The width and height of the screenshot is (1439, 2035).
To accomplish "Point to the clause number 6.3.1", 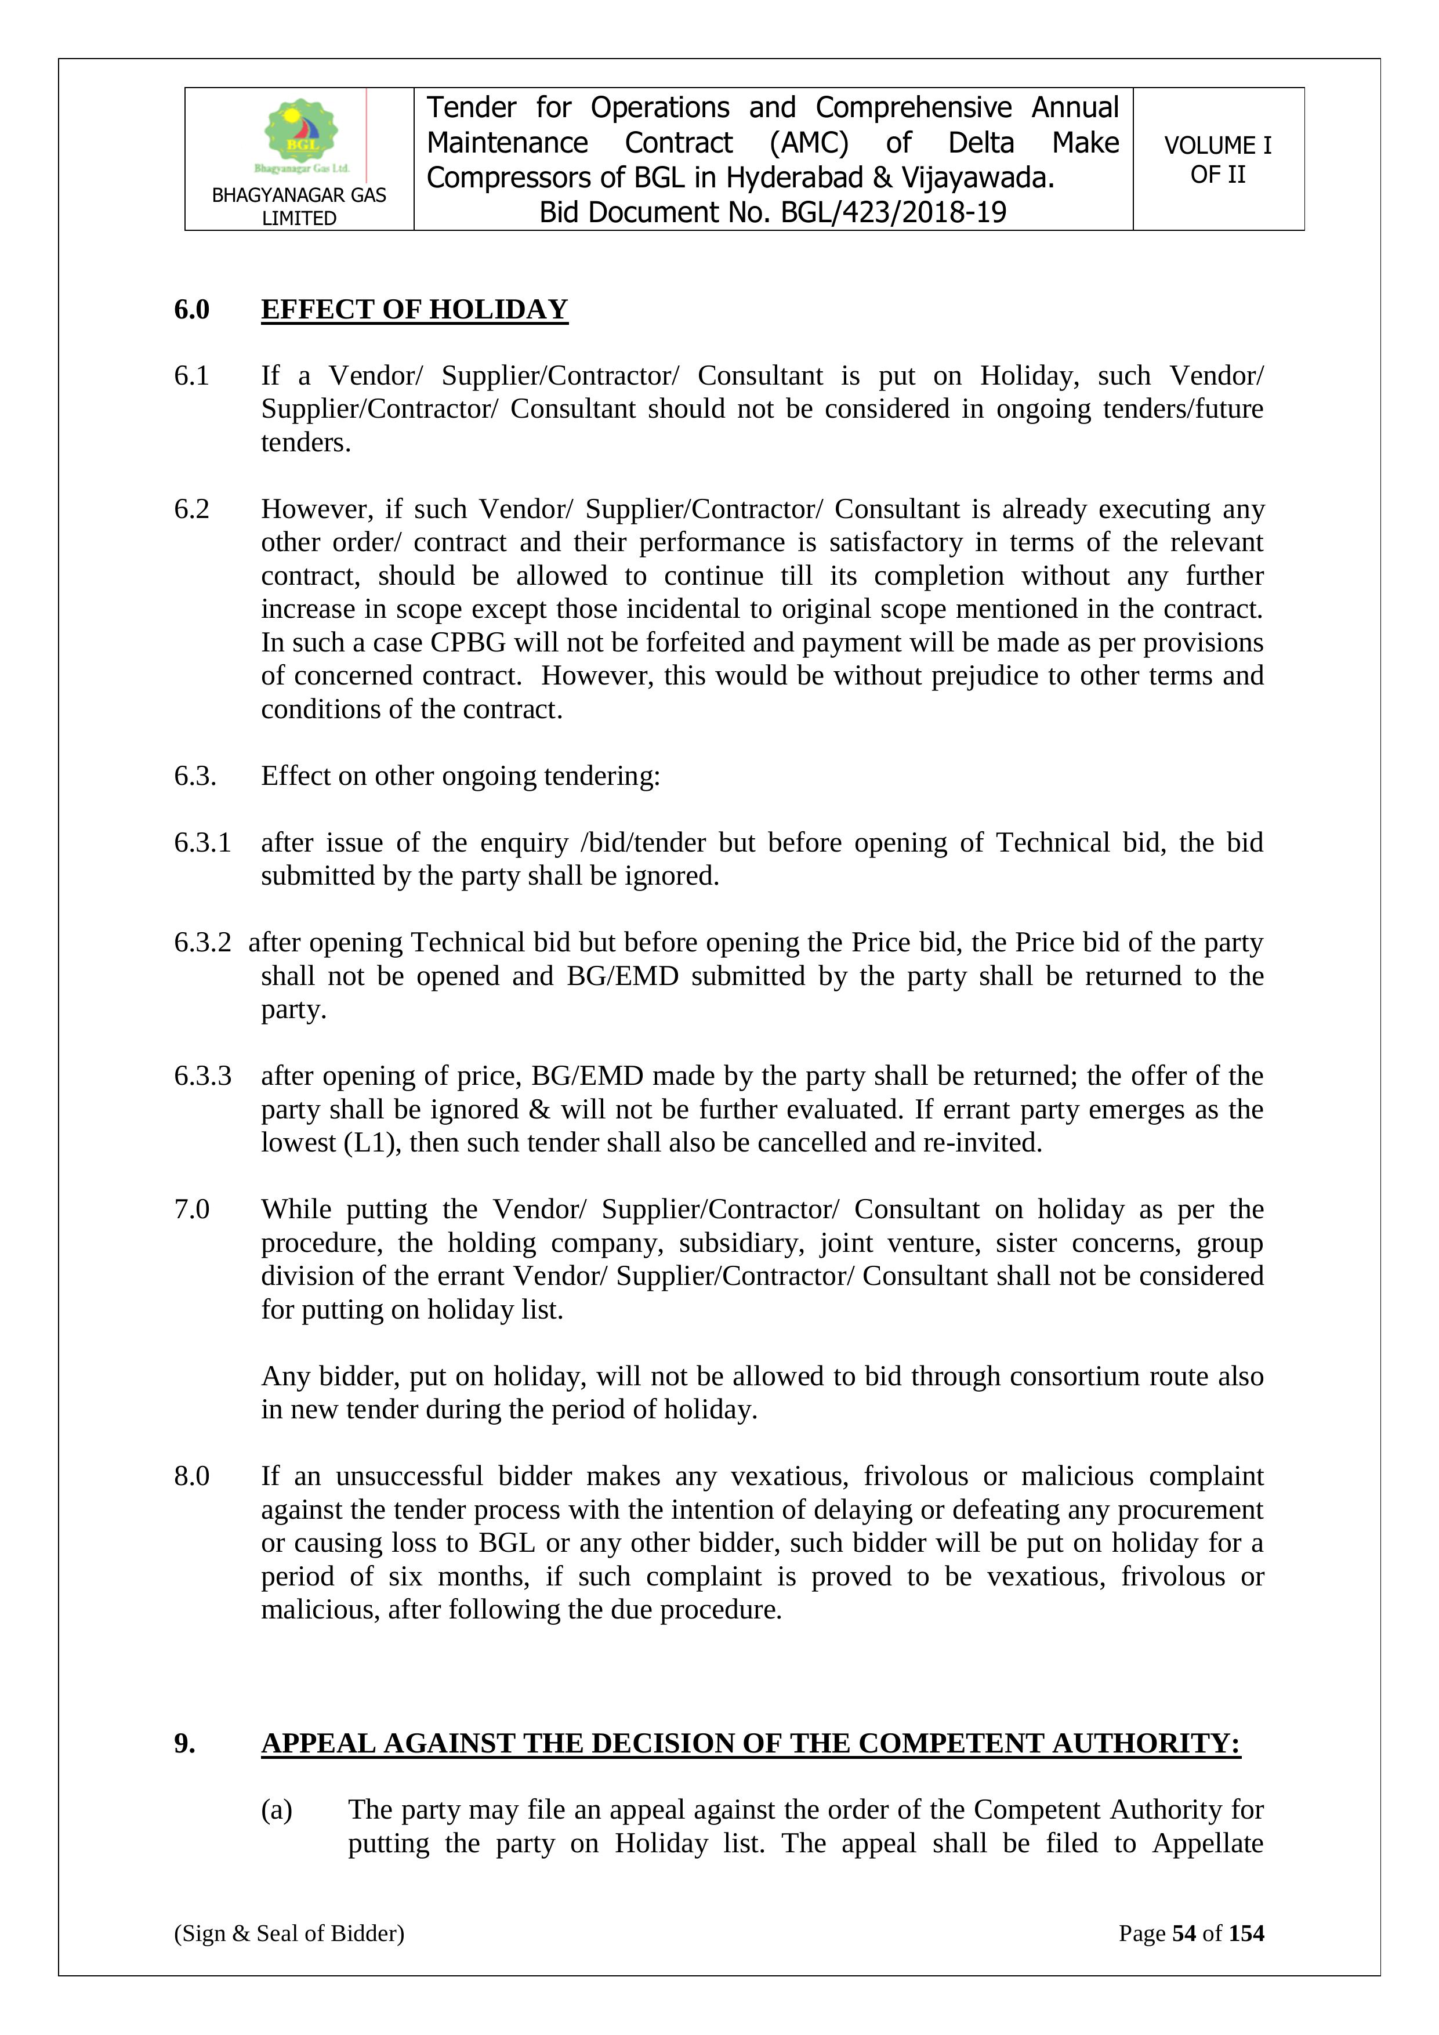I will coord(202,842).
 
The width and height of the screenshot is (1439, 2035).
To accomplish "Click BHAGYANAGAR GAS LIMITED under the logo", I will coord(299,207).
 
